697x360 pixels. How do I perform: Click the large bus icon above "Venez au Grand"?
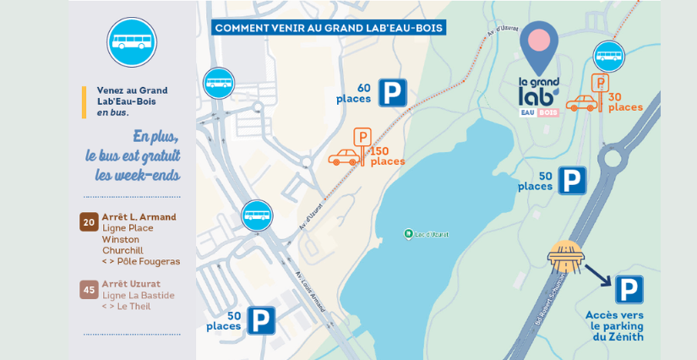[132, 41]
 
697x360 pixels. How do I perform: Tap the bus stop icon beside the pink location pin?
[608, 57]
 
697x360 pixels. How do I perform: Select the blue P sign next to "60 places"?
[392, 92]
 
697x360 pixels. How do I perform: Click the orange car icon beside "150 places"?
[344, 157]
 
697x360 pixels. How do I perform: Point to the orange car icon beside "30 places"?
[581, 104]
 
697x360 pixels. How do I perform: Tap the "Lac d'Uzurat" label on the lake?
[431, 233]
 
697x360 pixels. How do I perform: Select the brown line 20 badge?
[89, 221]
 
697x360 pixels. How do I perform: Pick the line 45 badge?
[89, 289]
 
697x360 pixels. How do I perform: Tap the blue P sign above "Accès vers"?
[629, 290]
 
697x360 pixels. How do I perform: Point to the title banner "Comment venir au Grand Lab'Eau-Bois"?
[329, 28]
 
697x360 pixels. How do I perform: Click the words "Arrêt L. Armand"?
[139, 217]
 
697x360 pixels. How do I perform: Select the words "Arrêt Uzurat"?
[131, 284]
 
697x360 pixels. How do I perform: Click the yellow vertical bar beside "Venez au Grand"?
[84, 101]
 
